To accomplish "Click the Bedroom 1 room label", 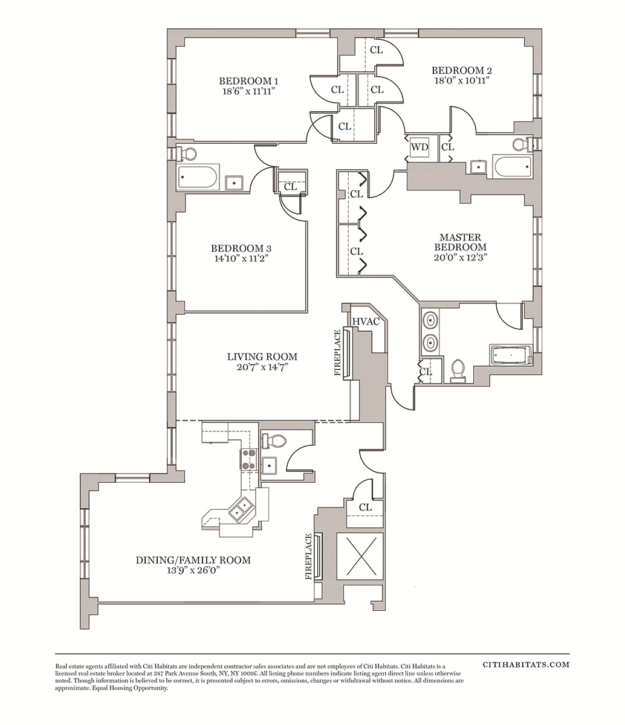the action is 248,81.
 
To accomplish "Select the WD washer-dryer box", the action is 419,147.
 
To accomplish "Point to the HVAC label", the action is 366,321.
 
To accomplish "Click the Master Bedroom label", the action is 461,242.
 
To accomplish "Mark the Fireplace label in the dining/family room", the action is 308,557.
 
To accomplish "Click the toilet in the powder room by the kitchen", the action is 273,441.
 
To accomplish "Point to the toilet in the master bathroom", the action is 458,370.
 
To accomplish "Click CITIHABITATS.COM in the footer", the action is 526,665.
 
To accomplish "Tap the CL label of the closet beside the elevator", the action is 365,507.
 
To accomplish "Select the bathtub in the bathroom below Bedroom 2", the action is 513,166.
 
